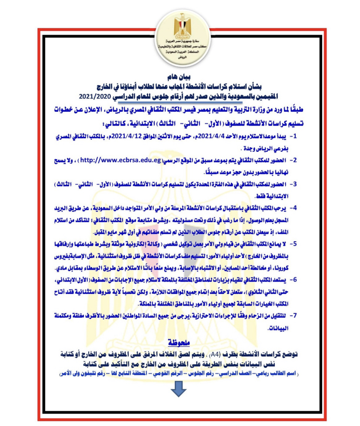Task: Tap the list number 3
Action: coord(294,184)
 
